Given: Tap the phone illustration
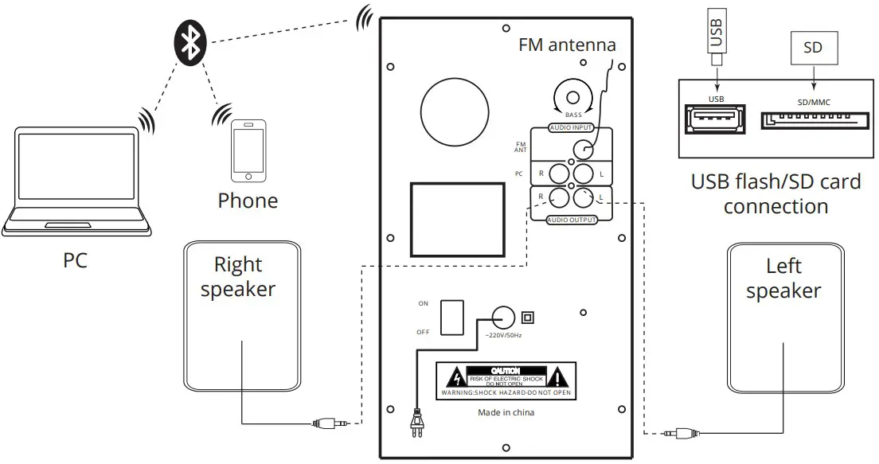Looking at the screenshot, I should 247,151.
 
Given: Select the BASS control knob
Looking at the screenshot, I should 572,99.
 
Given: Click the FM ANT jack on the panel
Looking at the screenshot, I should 584,148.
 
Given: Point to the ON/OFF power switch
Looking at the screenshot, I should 452,316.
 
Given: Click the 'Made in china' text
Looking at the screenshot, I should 506,412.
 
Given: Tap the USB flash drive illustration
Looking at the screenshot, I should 716,36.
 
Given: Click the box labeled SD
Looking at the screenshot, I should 812,48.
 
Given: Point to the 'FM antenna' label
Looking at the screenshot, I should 567,45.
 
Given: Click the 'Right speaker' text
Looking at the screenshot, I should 237,277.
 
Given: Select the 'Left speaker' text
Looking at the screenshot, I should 783,279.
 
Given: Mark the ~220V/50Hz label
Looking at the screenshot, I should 503,336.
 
